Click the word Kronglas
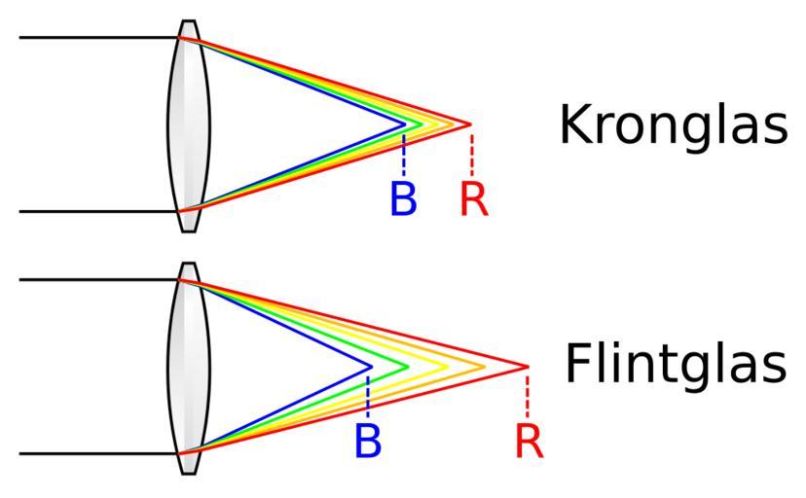tap(673, 125)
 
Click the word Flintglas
tap(676, 366)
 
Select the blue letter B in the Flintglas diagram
tap(368, 441)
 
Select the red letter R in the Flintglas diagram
tap(529, 441)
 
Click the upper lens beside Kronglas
tap(189, 125)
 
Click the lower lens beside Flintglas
tap(189, 368)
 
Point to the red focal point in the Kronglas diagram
tap(470, 124)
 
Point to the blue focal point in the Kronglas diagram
tap(405, 124)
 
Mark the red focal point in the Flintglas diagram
tap(527, 367)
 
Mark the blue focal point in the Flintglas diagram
tap(371, 367)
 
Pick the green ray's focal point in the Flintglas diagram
tap(408, 367)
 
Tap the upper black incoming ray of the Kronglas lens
tap(97, 38)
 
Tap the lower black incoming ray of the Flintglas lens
tap(97, 453)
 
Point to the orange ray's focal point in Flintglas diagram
tap(485, 367)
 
